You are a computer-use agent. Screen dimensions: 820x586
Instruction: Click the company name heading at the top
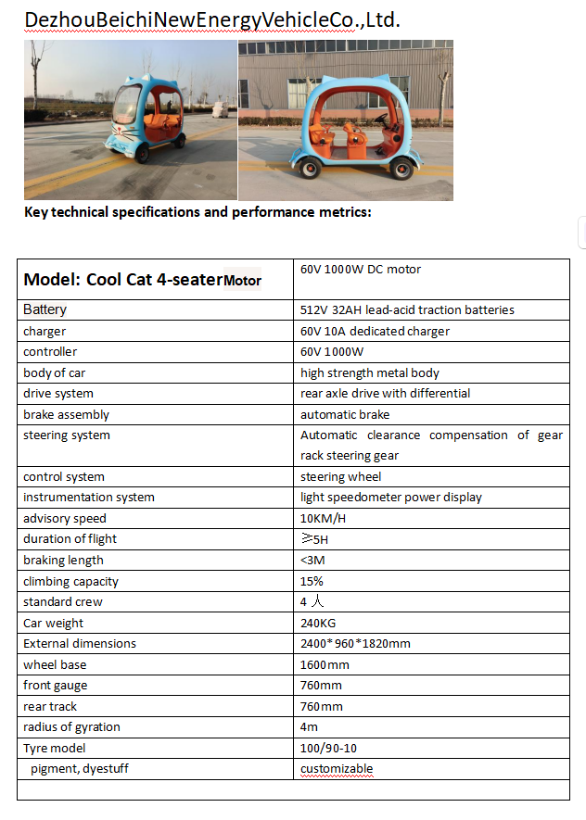click(x=212, y=19)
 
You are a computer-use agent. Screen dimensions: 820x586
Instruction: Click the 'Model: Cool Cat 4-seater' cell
click(x=142, y=279)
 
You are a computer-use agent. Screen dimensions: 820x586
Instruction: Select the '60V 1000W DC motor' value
click(x=361, y=270)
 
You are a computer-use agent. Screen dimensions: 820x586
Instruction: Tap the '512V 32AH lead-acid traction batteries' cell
click(x=407, y=309)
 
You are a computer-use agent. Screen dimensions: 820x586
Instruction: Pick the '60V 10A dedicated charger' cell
click(x=375, y=331)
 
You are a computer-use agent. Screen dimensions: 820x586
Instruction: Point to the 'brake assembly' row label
click(x=66, y=414)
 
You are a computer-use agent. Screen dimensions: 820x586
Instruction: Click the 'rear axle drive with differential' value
click(x=385, y=393)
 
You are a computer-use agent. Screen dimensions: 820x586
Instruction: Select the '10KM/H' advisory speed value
click(x=320, y=518)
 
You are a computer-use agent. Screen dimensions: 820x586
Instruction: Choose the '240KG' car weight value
click(x=318, y=623)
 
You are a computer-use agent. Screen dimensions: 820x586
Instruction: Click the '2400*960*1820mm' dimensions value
click(x=355, y=643)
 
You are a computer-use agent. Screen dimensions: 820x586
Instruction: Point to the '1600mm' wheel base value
click(x=325, y=664)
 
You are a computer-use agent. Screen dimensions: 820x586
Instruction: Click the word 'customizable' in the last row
click(x=336, y=769)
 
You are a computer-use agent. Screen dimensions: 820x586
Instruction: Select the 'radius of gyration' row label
click(x=71, y=726)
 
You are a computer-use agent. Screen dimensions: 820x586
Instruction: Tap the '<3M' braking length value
click(x=312, y=560)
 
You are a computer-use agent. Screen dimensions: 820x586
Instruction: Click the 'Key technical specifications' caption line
click(x=197, y=212)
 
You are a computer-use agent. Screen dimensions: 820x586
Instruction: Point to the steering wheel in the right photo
click(x=381, y=119)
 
